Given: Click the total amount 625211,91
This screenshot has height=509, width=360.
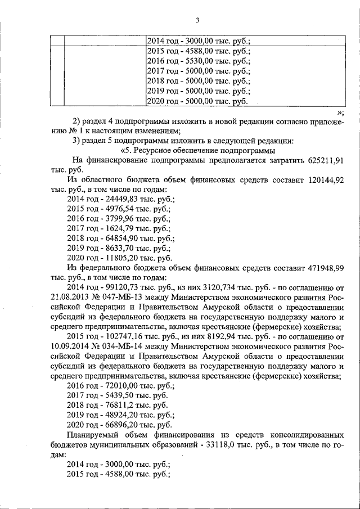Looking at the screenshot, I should click(x=326, y=160).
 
